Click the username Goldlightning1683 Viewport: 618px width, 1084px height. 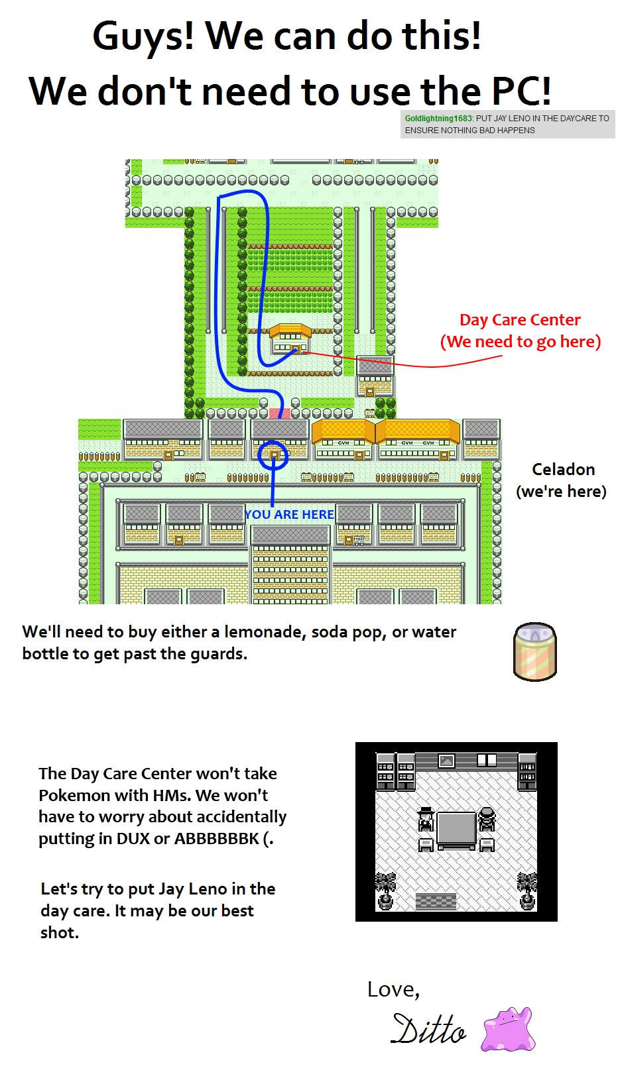[438, 119]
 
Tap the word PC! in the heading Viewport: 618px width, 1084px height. [521, 91]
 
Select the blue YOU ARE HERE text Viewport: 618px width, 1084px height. [289, 514]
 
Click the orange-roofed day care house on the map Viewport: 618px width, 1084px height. [290, 339]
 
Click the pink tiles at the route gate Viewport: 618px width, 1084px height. [279, 413]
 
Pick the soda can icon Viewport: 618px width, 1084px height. [534, 651]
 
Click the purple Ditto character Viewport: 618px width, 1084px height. [509, 1029]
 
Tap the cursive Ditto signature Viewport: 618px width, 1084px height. [428, 1029]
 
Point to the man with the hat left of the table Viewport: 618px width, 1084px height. [426, 819]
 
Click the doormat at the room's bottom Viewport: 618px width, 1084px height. [436, 901]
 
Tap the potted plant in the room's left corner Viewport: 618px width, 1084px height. [385, 891]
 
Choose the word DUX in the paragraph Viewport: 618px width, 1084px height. [133, 839]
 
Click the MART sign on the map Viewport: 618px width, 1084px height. [359, 539]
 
